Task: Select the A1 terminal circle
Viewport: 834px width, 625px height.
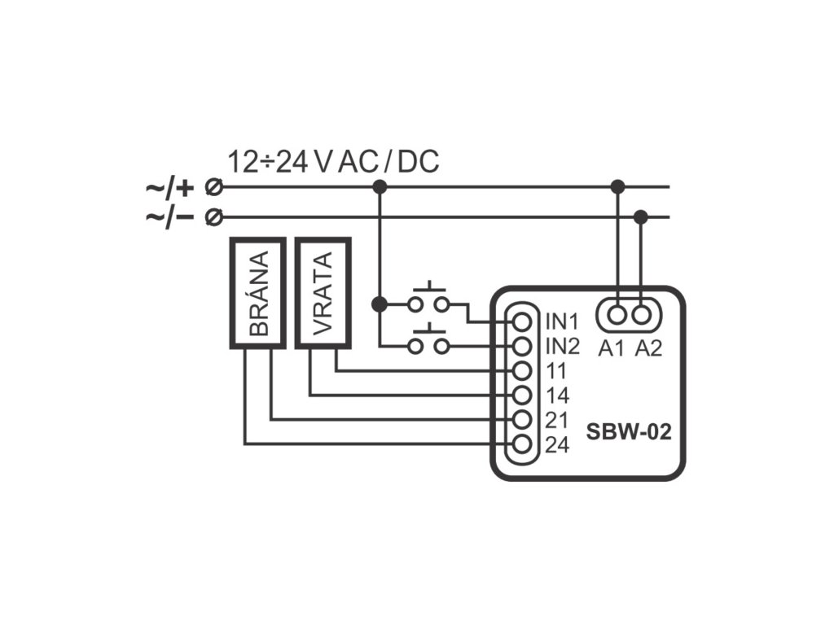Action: [617, 316]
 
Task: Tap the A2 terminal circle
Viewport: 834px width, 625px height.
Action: [642, 316]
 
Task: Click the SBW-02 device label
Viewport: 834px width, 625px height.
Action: [629, 431]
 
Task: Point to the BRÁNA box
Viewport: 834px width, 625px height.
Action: [258, 293]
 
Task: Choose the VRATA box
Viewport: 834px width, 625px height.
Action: [323, 293]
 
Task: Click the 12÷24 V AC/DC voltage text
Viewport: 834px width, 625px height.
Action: [333, 162]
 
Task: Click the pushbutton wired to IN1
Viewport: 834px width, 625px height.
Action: [428, 299]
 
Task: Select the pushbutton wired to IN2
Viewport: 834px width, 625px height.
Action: [428, 340]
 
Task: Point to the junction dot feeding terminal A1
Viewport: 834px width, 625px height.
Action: [617, 186]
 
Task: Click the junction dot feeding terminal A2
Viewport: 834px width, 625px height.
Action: [641, 216]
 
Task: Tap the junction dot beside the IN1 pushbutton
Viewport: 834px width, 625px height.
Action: [380, 304]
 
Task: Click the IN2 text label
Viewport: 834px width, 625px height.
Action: [562, 347]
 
